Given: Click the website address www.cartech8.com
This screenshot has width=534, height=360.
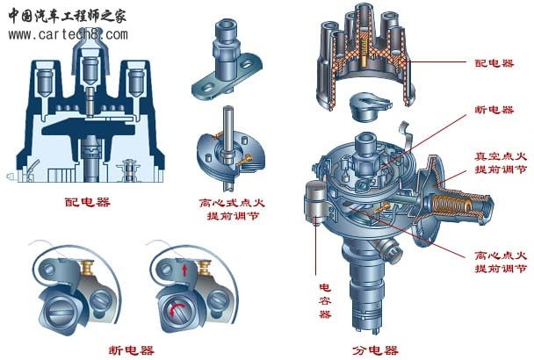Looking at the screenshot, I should pyautogui.click(x=68, y=34).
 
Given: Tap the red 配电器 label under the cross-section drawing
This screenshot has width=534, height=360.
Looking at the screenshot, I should pyautogui.click(x=87, y=202).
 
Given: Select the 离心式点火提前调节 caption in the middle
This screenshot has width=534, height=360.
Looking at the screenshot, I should pyautogui.click(x=233, y=209).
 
